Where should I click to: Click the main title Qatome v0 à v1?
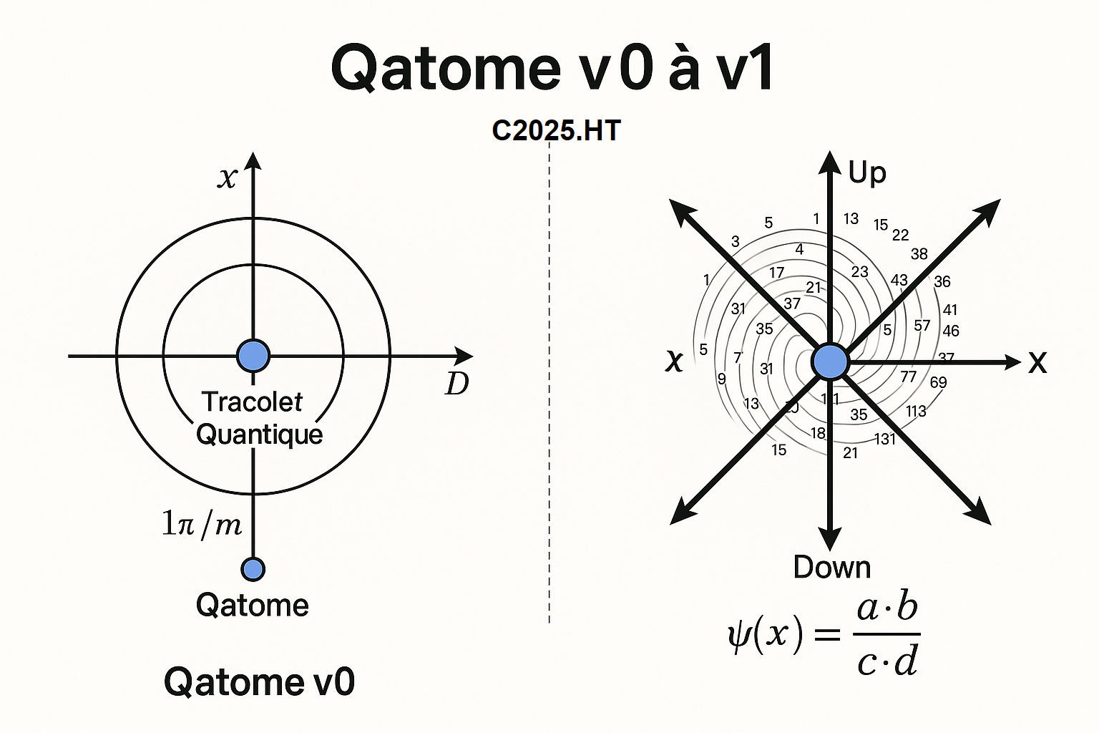(x=552, y=69)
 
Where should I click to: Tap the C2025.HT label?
(x=556, y=130)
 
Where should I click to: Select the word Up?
(x=866, y=173)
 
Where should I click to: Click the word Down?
(x=831, y=567)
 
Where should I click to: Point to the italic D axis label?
(x=456, y=384)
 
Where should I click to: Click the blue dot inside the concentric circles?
(x=253, y=356)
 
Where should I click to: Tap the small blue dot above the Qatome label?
(x=253, y=569)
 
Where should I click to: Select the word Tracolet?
(x=252, y=402)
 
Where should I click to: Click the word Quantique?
(x=259, y=434)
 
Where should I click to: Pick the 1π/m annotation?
(x=201, y=524)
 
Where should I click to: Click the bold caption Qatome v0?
(x=259, y=681)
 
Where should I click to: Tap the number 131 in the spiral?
(x=885, y=439)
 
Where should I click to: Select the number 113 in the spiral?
(x=916, y=411)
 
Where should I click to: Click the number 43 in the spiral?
(x=899, y=281)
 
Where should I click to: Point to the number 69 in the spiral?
(x=938, y=382)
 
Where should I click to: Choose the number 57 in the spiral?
(x=922, y=326)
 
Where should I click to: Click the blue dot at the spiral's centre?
(x=830, y=361)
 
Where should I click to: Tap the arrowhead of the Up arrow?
(x=830, y=162)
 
